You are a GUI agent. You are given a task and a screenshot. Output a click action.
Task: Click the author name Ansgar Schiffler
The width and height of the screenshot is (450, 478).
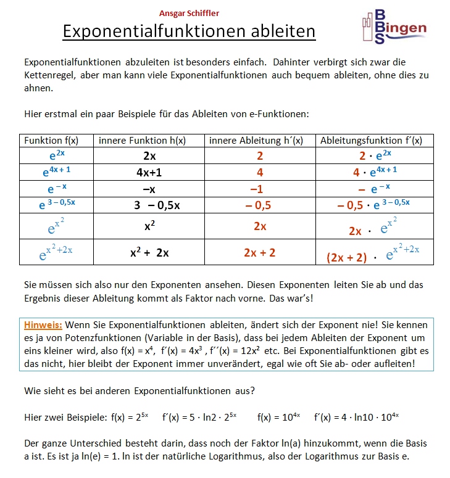pyautogui.click(x=190, y=13)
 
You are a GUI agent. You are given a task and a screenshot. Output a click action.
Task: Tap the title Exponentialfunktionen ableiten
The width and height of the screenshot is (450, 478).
pyautogui.click(x=189, y=31)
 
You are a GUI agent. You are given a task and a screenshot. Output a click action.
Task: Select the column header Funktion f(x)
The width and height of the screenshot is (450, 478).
pyautogui.click(x=51, y=141)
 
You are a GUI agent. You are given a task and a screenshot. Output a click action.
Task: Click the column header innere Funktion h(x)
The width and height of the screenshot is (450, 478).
pyautogui.click(x=142, y=141)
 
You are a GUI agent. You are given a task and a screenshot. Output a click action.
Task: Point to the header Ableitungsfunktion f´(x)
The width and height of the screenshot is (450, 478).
pyautogui.click(x=371, y=141)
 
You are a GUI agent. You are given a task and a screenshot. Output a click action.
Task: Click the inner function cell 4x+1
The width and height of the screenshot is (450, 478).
pyautogui.click(x=149, y=173)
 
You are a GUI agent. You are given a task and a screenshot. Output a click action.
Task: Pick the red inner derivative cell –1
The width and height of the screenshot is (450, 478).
pyautogui.click(x=260, y=189)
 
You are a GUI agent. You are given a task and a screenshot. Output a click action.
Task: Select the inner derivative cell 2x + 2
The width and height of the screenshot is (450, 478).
pyautogui.click(x=260, y=252)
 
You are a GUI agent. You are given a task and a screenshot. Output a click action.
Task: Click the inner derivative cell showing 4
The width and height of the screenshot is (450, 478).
pyautogui.click(x=260, y=173)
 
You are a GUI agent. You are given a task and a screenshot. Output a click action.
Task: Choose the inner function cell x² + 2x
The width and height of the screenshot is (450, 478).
pyautogui.click(x=149, y=252)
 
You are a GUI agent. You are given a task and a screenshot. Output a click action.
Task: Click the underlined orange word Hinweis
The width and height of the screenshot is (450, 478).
pyautogui.click(x=43, y=324)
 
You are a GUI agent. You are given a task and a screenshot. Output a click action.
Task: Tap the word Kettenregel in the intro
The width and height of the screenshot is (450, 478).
pyautogui.click(x=49, y=75)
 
